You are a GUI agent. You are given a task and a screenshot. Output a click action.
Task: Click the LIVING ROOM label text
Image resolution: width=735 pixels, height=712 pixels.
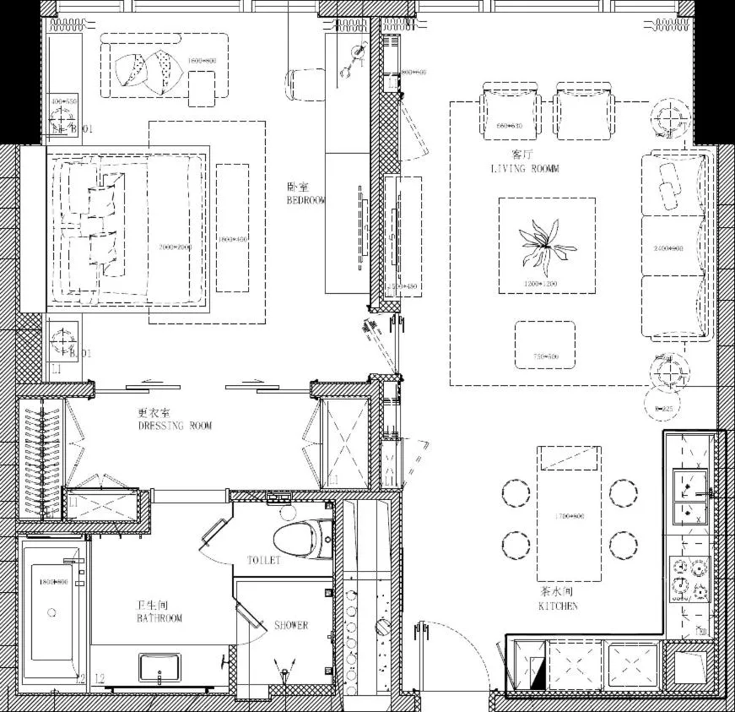(x=524, y=169)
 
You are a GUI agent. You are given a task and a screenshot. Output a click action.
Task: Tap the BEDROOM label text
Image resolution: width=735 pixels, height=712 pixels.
(x=305, y=200)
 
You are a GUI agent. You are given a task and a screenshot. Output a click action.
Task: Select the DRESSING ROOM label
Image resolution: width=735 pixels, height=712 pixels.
(x=175, y=426)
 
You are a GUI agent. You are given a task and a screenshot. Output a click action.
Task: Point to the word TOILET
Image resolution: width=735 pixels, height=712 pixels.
(x=263, y=560)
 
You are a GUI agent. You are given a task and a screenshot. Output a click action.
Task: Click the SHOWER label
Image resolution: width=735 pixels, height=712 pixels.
(x=291, y=625)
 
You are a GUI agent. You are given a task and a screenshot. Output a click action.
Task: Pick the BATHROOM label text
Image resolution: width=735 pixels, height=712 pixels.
(x=159, y=618)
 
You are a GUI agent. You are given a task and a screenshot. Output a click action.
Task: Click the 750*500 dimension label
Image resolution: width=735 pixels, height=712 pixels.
(x=545, y=356)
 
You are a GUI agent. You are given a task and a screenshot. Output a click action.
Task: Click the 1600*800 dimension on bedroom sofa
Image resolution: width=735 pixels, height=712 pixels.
(x=202, y=61)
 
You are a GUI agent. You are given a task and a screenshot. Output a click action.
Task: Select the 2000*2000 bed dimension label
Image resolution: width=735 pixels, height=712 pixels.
(x=176, y=247)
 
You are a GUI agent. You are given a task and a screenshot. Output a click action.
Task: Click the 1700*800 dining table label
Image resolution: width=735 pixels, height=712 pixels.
(x=569, y=516)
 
